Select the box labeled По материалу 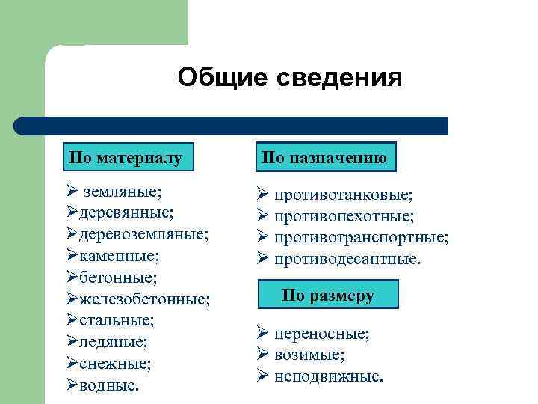125,158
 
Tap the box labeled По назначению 324,158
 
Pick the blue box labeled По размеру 328,295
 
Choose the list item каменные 120,256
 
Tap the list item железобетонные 145,299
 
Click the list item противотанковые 343,195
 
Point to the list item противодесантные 347,260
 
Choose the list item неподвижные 328,376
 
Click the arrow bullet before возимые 263,355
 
